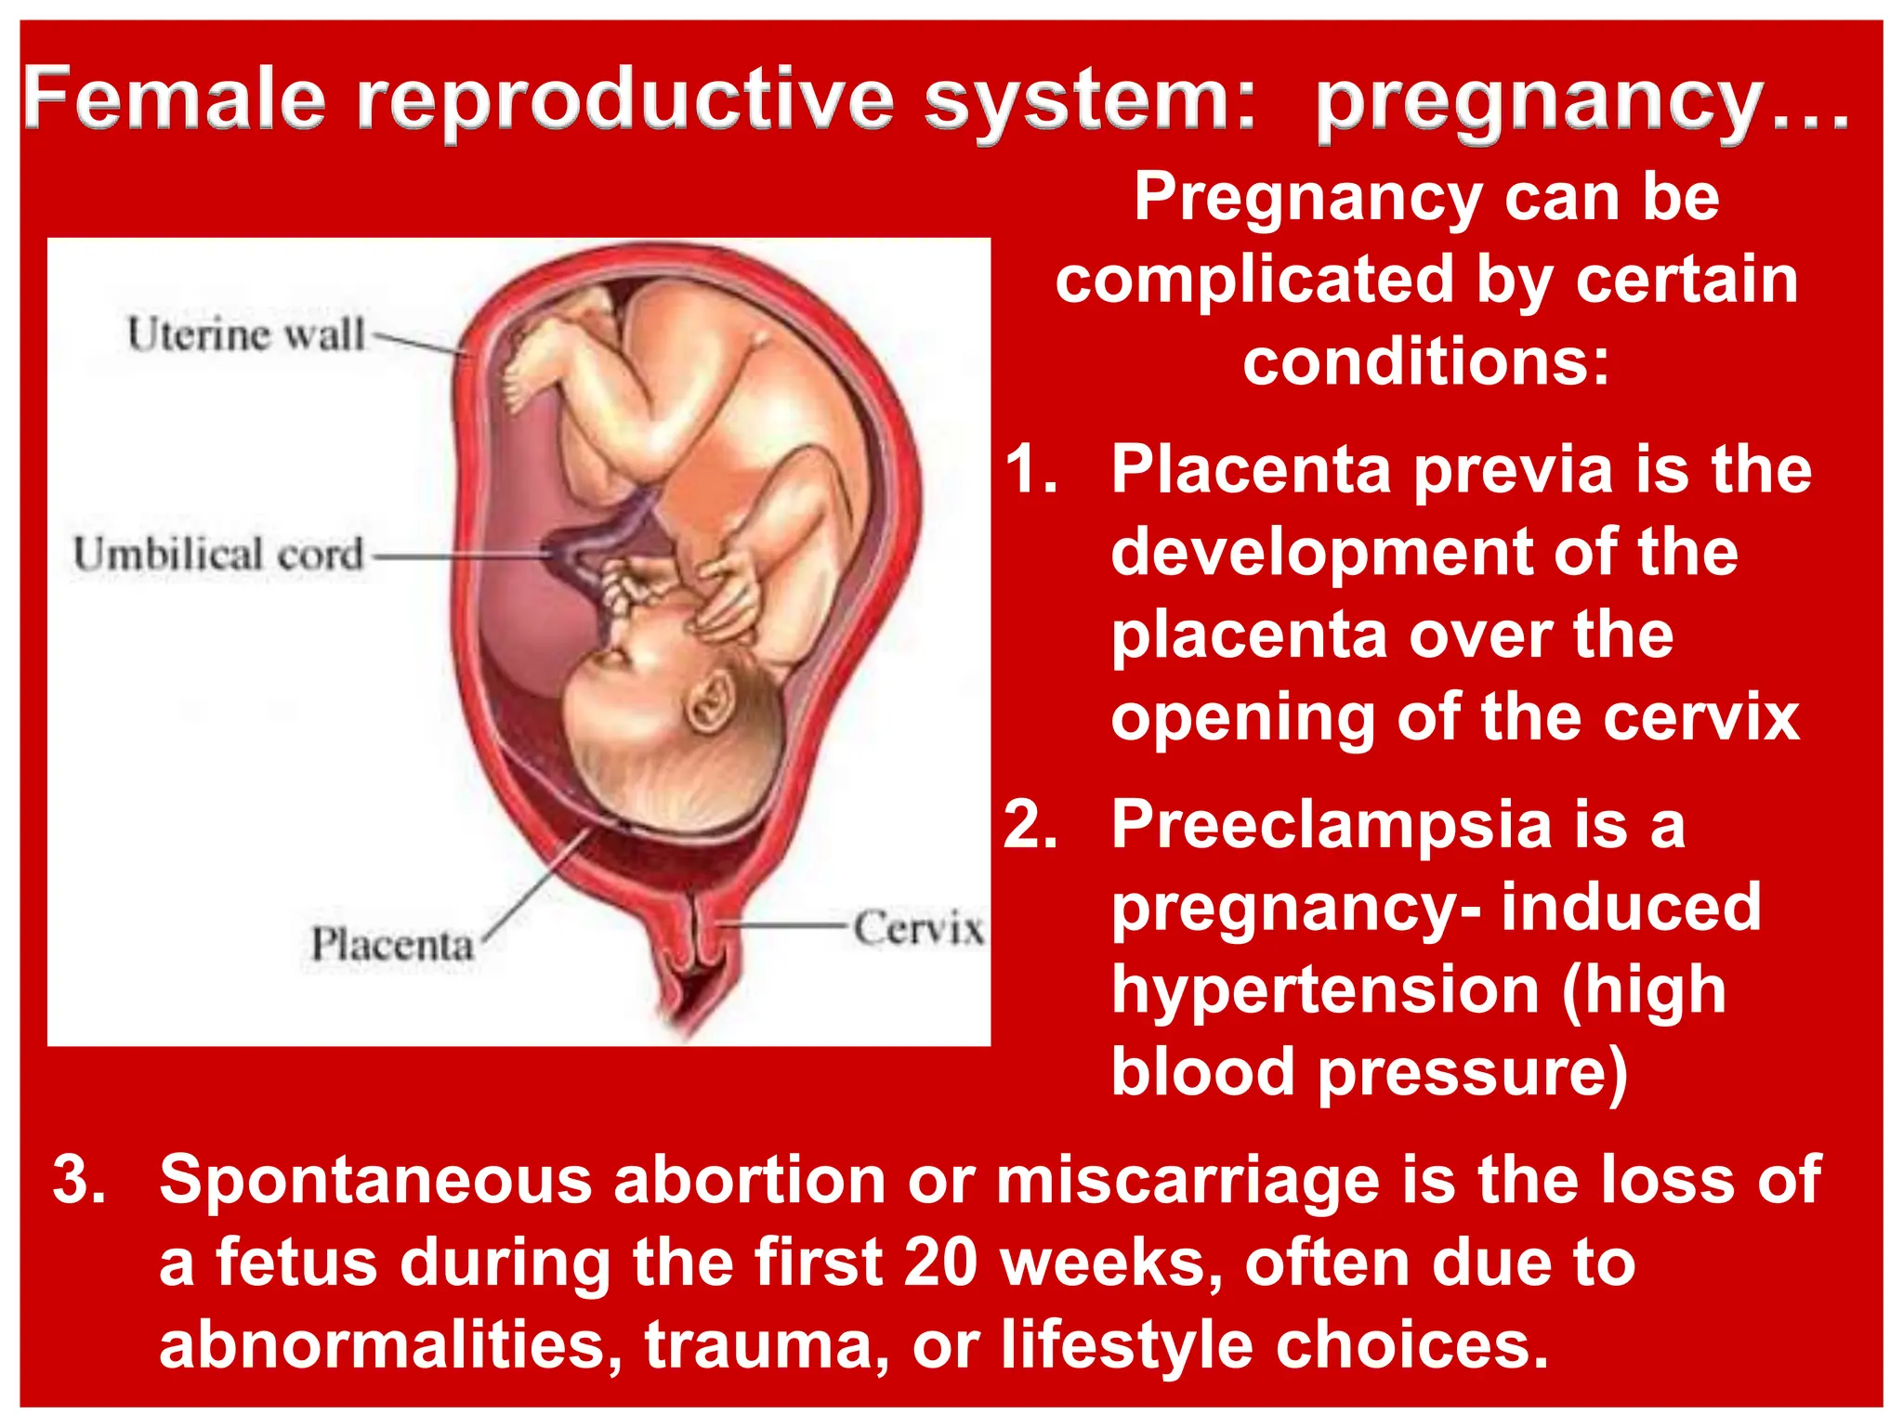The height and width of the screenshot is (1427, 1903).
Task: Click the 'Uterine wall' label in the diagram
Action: point(246,334)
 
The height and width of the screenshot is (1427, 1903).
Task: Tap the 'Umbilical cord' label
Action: point(218,555)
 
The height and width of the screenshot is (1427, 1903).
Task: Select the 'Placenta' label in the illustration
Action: point(392,945)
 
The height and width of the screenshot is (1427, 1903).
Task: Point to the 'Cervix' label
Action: point(918,928)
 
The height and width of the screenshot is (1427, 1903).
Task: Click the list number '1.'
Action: point(1031,469)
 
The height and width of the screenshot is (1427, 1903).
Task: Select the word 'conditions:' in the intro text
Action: point(1426,362)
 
